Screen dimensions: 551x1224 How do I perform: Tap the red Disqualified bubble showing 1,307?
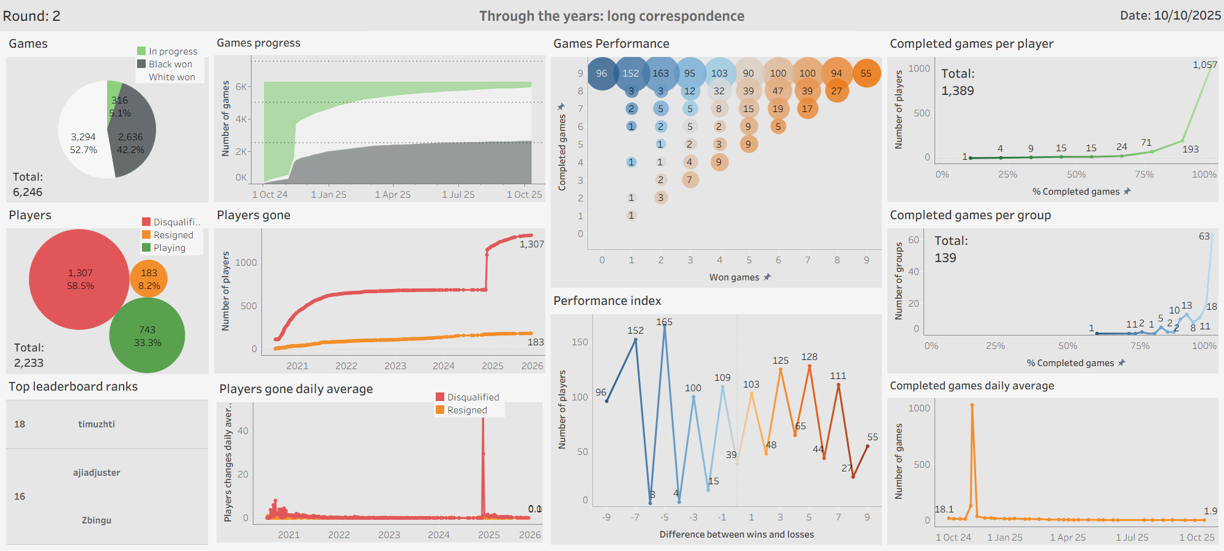[80, 279]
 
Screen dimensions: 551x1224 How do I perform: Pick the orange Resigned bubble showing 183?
[149, 279]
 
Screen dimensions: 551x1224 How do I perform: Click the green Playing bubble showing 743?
[147, 336]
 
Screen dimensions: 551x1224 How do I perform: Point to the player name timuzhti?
[96, 424]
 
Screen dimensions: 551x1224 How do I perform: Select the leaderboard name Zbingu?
[96, 520]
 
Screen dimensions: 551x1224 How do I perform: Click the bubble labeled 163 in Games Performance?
[660, 73]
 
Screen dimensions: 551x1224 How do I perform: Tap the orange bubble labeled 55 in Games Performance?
[866, 73]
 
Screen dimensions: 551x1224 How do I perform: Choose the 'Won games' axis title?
[734, 277]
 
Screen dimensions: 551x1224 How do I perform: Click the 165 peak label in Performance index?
[664, 322]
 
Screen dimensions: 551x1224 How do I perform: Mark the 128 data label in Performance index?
[809, 357]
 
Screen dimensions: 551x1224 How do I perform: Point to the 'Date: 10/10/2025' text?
[1170, 16]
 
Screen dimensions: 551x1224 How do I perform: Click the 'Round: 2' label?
[32, 16]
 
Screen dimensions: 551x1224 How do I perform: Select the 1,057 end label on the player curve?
[1204, 65]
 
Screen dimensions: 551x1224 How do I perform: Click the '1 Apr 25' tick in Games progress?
[392, 195]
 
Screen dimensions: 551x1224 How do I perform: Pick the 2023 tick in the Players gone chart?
[395, 366]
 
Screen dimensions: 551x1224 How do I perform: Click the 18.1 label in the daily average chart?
[944, 509]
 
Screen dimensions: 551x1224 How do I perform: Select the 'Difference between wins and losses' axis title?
[736, 534]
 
